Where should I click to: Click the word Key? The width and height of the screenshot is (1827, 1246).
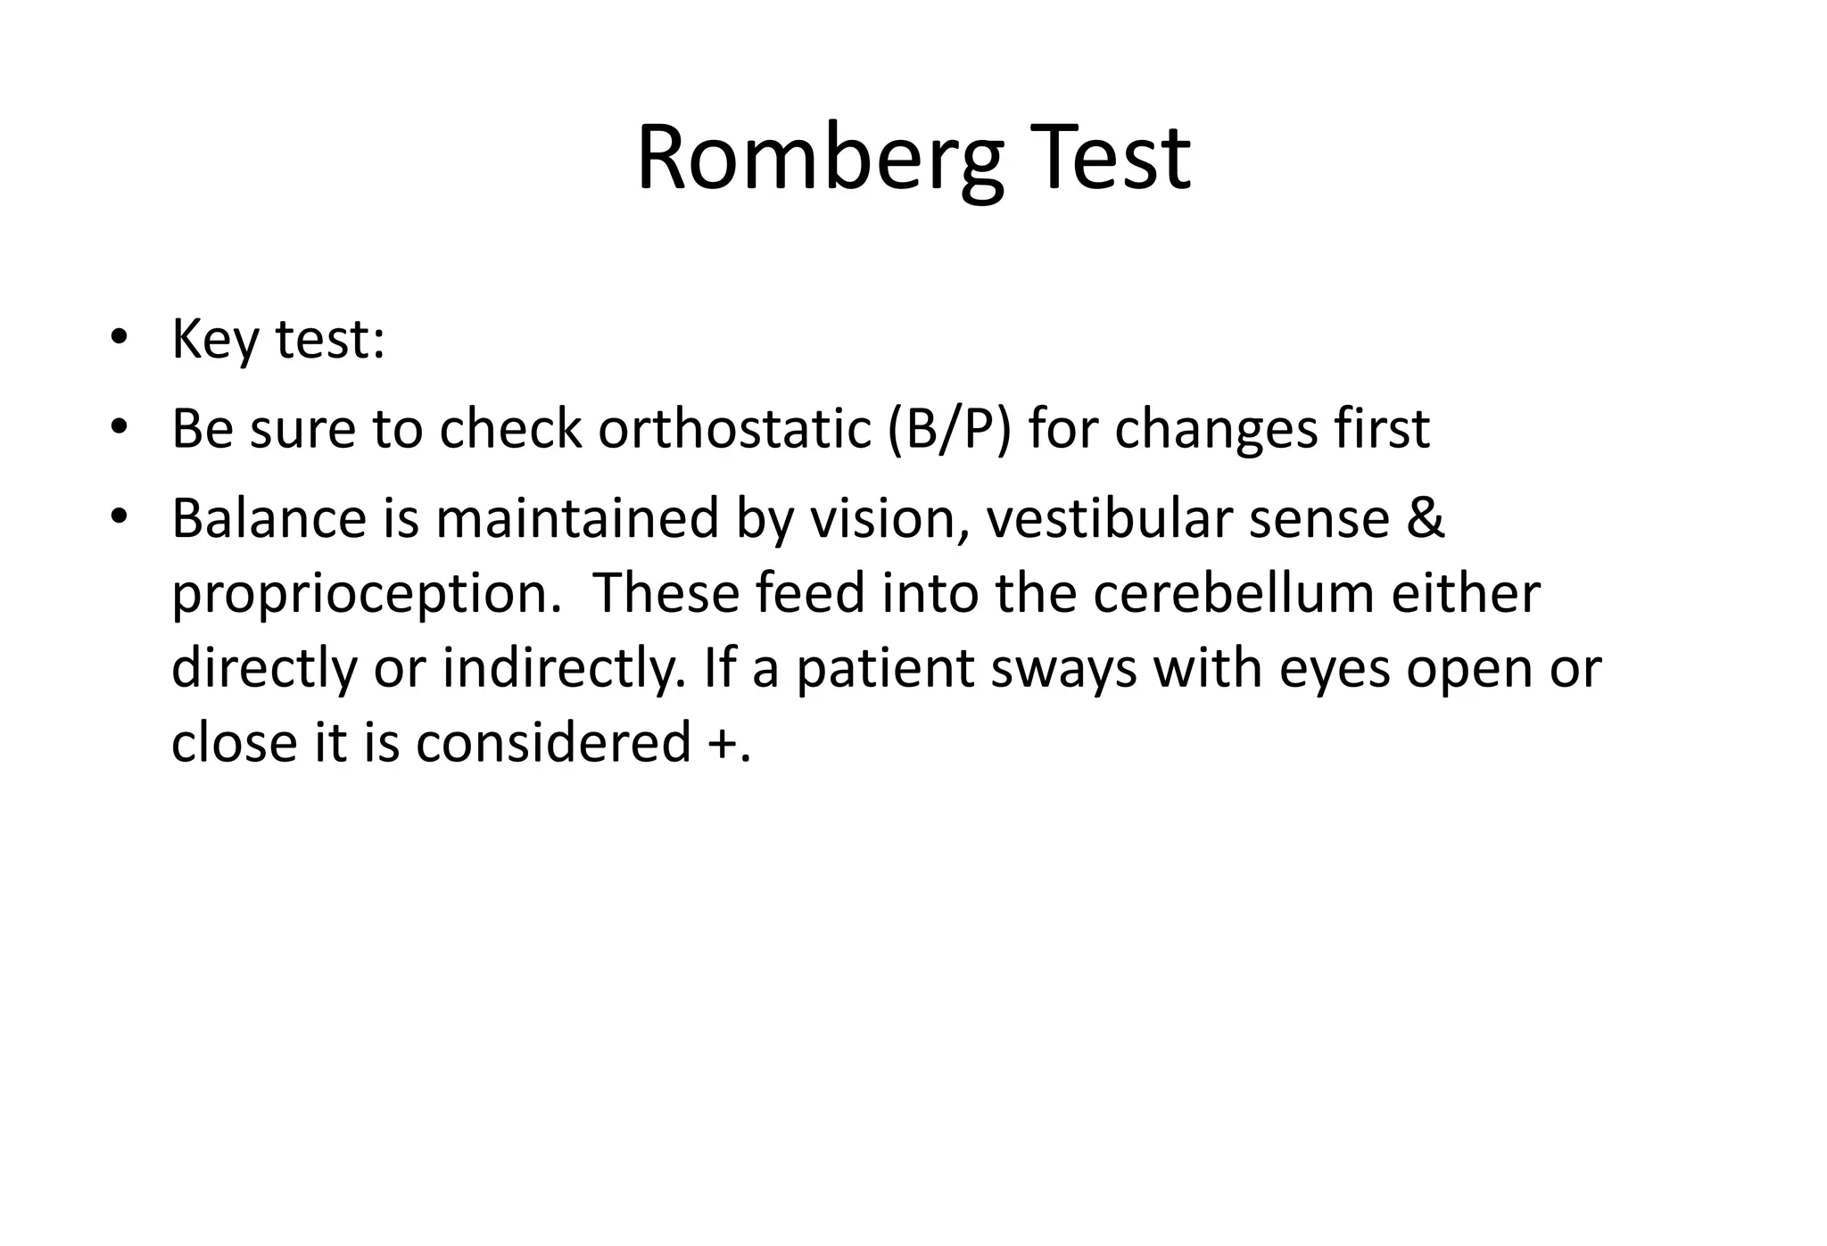click(215, 341)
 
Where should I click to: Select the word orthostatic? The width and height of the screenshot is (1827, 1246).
click(734, 429)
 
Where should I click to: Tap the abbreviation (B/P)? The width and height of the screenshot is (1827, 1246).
click(949, 430)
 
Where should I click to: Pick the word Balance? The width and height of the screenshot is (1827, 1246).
click(269, 518)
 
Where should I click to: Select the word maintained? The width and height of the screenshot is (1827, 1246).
click(576, 518)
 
